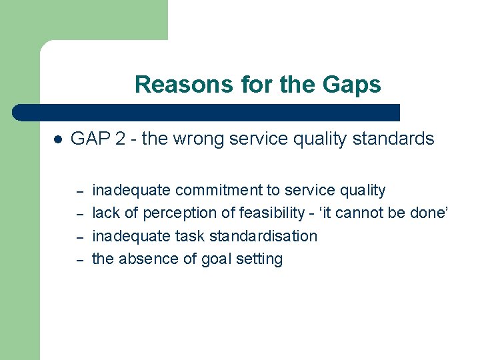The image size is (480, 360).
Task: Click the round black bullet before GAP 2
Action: [57, 140]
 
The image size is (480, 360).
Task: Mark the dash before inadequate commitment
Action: [79, 191]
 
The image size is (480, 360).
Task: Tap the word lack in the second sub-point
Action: [105, 213]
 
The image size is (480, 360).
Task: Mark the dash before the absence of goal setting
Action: [79, 260]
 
